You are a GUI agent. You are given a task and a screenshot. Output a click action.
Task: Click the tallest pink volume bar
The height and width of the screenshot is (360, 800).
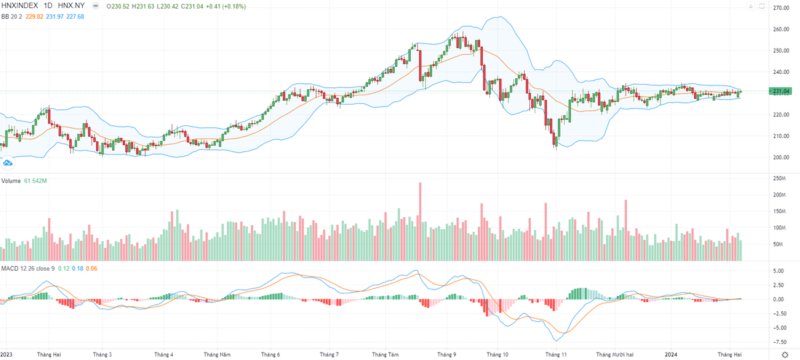420,220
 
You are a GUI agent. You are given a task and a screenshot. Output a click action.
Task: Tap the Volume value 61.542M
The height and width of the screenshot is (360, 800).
35,181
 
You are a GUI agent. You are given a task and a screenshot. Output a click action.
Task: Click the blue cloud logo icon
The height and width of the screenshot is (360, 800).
9,162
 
